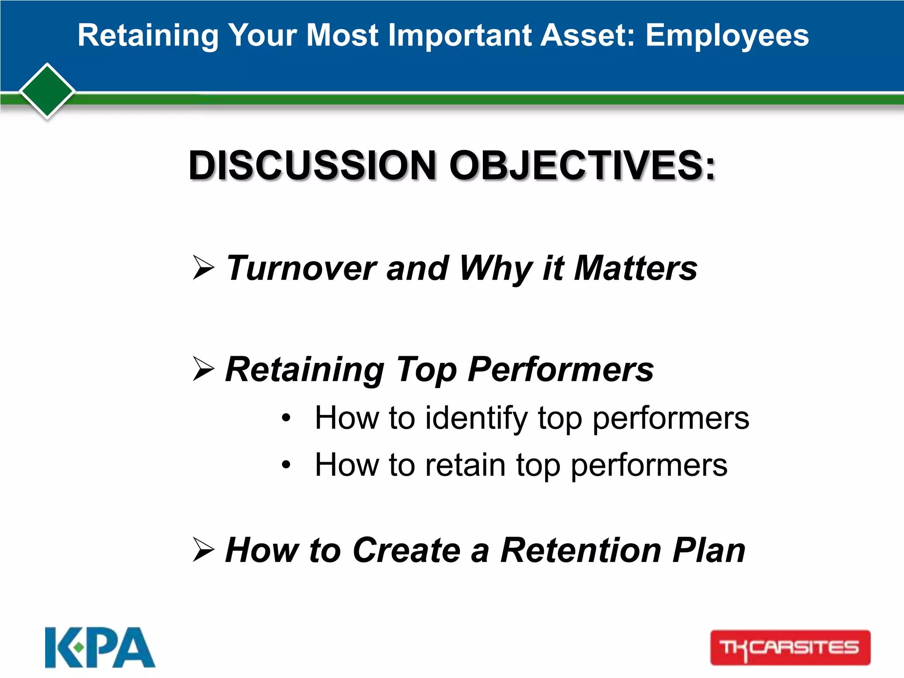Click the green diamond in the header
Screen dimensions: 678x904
pyautogui.click(x=47, y=91)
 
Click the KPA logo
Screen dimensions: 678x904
pyautogui.click(x=100, y=648)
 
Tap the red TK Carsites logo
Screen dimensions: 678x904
pyautogui.click(x=790, y=648)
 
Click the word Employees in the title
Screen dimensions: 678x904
pyautogui.click(x=727, y=36)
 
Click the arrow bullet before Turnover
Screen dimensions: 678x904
pyautogui.click(x=203, y=267)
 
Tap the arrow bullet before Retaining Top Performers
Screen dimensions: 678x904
pyautogui.click(x=203, y=369)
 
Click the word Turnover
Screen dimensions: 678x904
pyautogui.click(x=301, y=268)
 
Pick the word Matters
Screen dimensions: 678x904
pyautogui.click(x=635, y=268)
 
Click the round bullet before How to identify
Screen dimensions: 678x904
pyautogui.click(x=286, y=418)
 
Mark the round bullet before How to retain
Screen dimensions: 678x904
pyautogui.click(x=286, y=464)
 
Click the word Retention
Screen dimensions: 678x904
pyautogui.click(x=581, y=550)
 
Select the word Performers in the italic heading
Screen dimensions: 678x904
pyautogui.click(x=561, y=370)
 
